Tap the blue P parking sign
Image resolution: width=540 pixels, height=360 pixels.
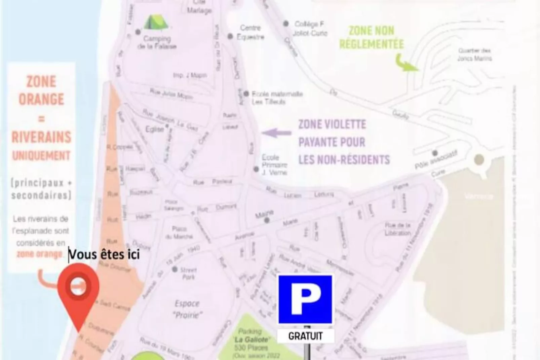click(x=305, y=299)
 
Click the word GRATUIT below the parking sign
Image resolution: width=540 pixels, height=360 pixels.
click(x=305, y=336)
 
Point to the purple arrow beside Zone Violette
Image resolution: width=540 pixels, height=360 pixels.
click(x=276, y=133)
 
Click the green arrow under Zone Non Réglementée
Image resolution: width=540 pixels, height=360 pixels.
click(x=406, y=64)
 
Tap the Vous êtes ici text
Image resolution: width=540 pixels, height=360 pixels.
click(x=104, y=254)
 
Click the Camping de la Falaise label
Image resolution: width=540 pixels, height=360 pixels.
click(x=157, y=42)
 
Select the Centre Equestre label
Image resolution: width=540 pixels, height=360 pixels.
click(x=250, y=32)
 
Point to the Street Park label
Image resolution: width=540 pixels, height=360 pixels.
click(x=188, y=273)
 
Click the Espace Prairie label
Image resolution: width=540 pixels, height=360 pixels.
click(x=187, y=309)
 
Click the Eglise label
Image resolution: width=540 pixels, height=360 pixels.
click(x=154, y=129)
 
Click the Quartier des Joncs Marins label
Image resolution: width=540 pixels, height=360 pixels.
click(x=474, y=55)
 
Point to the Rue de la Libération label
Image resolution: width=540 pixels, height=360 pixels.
click(x=397, y=229)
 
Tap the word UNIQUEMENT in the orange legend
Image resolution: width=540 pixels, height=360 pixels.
click(x=41, y=155)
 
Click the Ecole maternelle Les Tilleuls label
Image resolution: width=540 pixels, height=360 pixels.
click(x=277, y=98)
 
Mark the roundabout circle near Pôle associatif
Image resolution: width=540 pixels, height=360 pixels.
click(x=479, y=159)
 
